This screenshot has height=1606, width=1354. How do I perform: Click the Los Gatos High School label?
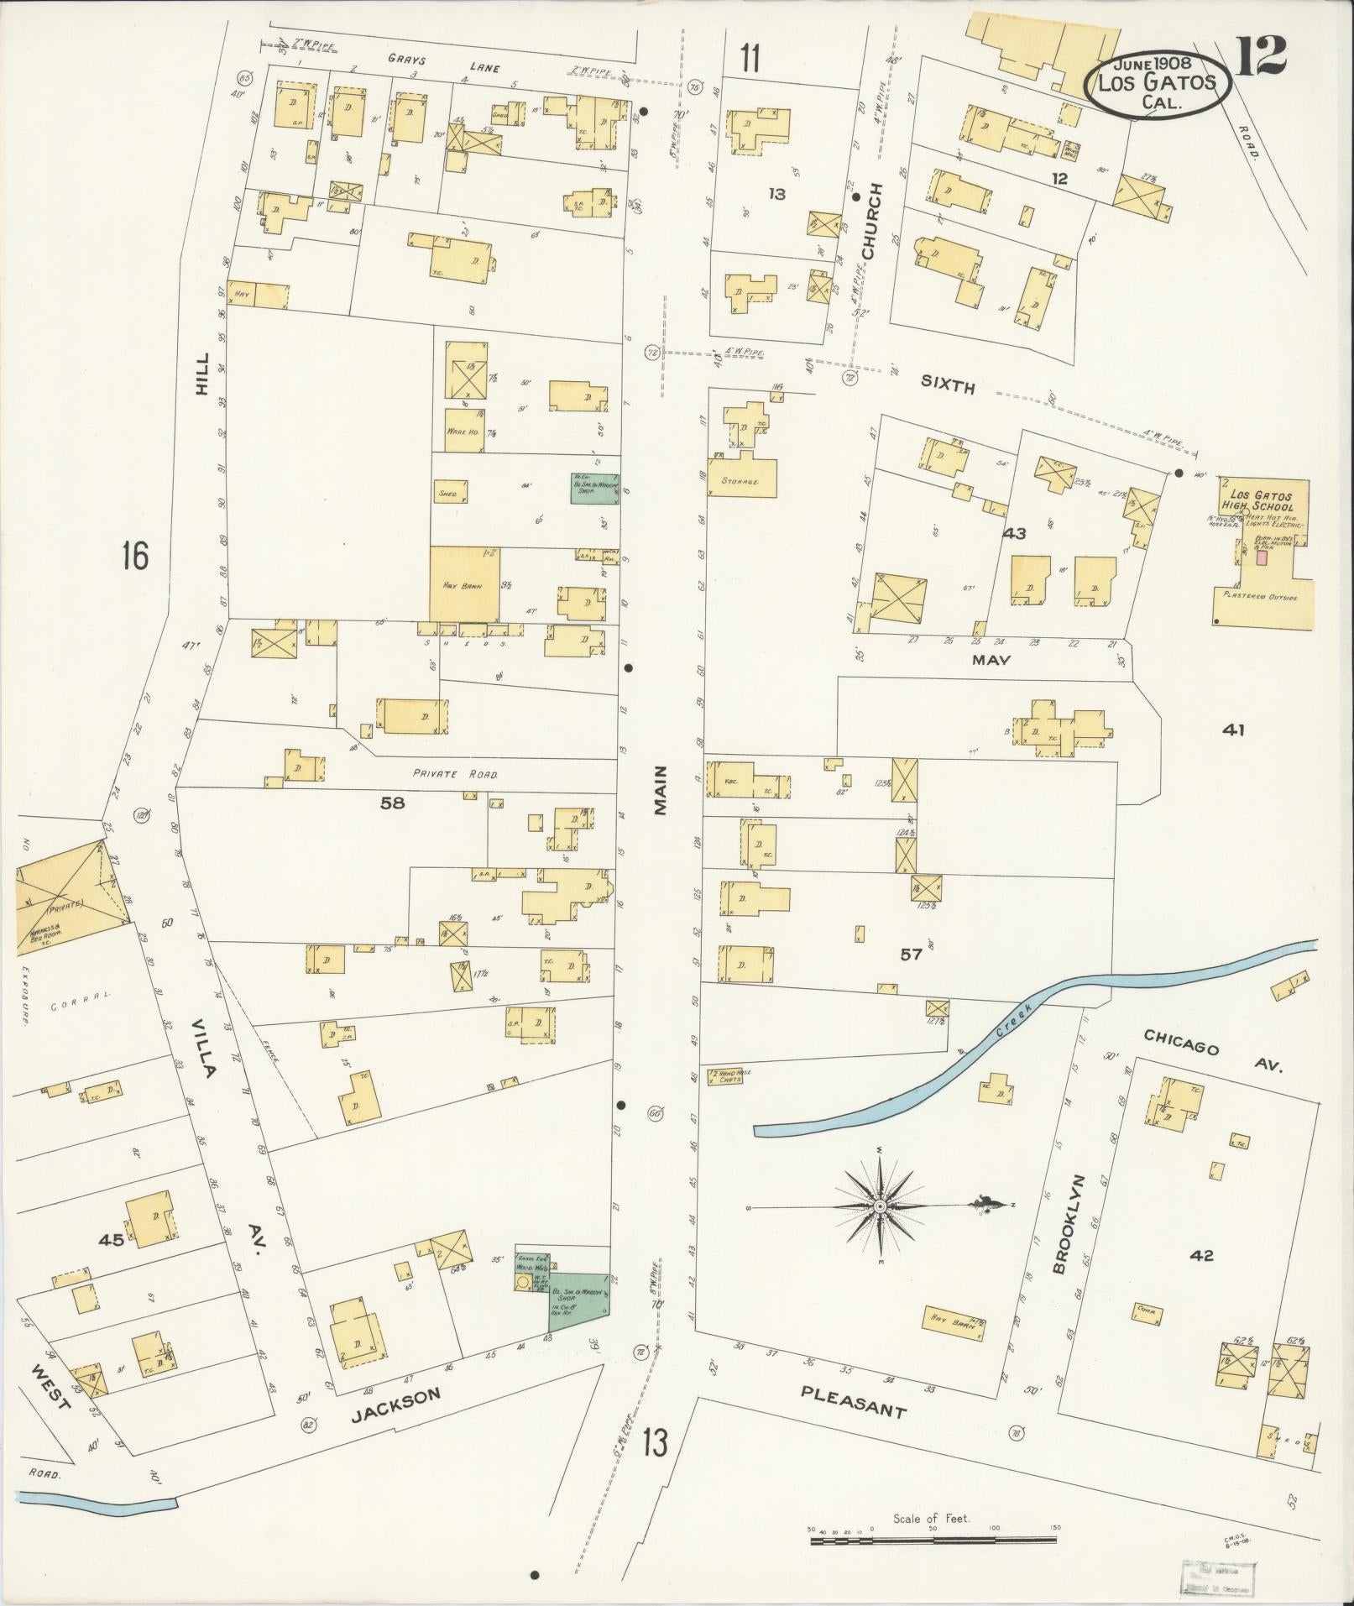click(x=1257, y=501)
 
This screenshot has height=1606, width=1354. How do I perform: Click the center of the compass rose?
click(x=880, y=1206)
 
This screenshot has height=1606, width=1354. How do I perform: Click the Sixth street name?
click(x=948, y=387)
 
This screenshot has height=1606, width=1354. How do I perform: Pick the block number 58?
click(x=392, y=803)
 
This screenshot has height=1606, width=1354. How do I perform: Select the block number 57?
click(x=912, y=954)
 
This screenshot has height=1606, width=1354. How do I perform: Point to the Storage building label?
click(x=740, y=483)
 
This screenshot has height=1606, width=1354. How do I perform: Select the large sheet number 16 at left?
click(x=134, y=556)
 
